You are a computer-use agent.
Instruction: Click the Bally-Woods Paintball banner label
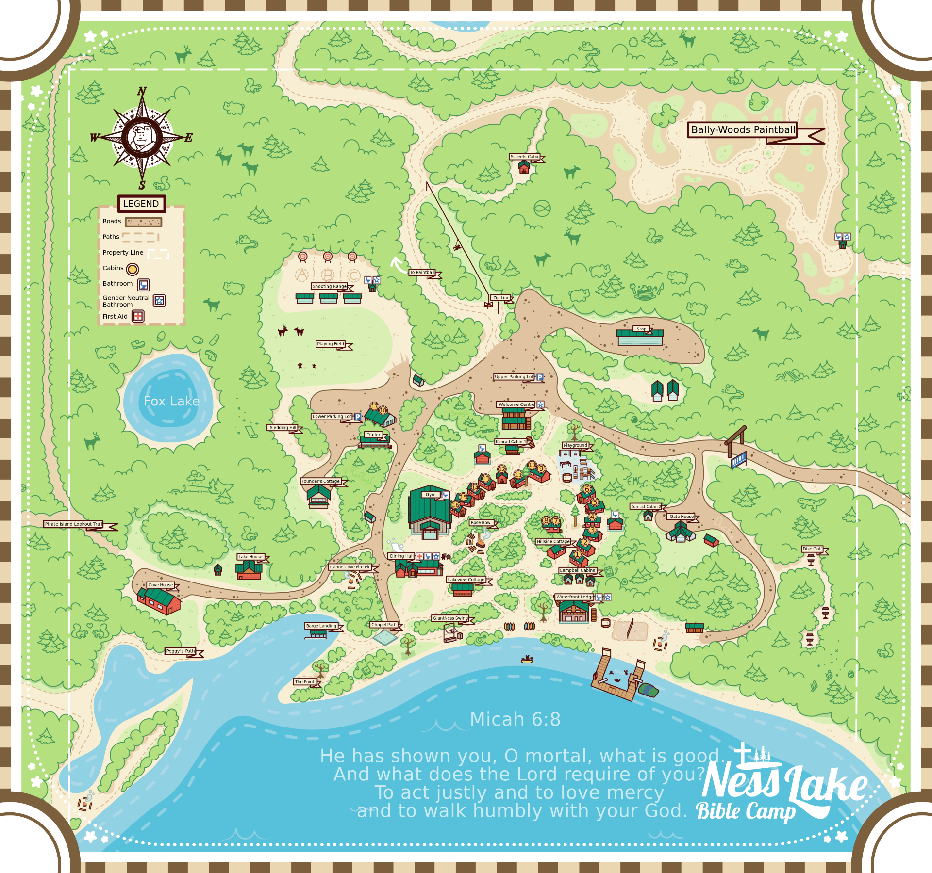click(743, 130)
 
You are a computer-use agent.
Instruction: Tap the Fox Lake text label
click(171, 401)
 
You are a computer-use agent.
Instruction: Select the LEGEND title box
click(141, 204)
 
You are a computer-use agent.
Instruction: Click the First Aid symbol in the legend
click(138, 316)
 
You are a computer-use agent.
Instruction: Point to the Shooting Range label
click(330, 286)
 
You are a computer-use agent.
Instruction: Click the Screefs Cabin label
click(525, 157)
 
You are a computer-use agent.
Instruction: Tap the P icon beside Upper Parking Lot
click(540, 377)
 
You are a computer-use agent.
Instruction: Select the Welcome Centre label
click(516, 404)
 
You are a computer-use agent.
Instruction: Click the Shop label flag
click(641, 329)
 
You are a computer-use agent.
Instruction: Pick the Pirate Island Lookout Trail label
click(73, 524)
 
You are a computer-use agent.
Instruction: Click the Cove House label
click(160, 585)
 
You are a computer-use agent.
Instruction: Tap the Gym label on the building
click(431, 495)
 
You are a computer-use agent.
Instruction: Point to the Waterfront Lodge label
click(575, 597)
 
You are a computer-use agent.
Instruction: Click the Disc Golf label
click(812, 549)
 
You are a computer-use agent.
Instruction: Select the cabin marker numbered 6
click(587, 489)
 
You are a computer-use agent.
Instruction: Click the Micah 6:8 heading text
click(515, 719)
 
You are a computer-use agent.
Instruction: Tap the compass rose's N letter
click(142, 91)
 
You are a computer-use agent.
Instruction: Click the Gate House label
click(682, 517)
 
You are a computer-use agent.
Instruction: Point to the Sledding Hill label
click(283, 428)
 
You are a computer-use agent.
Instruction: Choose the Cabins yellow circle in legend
click(133, 269)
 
